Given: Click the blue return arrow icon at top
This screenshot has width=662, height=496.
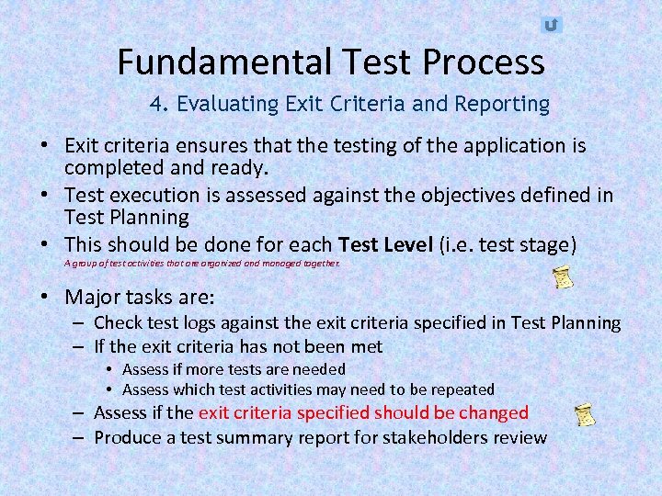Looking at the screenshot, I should [x=551, y=25].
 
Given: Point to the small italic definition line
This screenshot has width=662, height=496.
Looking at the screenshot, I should [x=202, y=264].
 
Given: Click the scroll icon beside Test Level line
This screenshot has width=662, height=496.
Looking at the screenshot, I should [x=564, y=277].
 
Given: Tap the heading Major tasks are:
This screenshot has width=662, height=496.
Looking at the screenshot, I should [x=140, y=298].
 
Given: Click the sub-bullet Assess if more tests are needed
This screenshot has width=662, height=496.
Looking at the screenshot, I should [x=234, y=368].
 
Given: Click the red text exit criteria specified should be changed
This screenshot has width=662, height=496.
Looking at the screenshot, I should [x=363, y=413].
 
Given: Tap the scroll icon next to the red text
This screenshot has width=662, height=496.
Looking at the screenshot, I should [x=584, y=414].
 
